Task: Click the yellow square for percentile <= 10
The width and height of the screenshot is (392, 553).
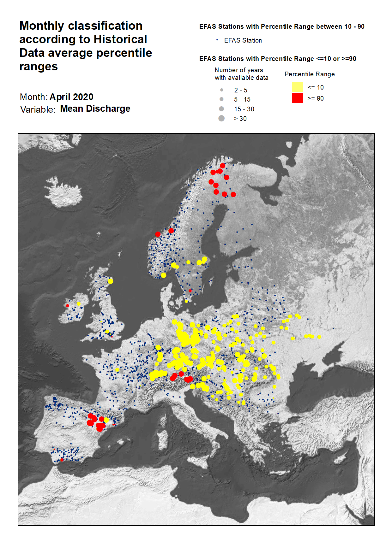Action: pos(297,87)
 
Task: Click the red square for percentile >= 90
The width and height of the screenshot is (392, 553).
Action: pos(297,98)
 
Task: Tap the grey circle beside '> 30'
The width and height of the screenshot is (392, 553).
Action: pos(221,118)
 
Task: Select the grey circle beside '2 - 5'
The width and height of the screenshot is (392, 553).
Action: pos(222,90)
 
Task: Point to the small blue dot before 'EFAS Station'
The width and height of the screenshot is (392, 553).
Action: pos(217,40)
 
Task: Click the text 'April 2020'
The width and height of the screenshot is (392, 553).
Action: pos(71,97)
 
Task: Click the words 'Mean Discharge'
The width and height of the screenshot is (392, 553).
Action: pos(95,109)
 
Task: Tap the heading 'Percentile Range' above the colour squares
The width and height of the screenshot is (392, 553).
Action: pos(309,74)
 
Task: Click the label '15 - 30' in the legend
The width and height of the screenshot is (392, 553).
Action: pos(244,109)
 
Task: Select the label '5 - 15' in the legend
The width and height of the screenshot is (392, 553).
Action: pos(242,99)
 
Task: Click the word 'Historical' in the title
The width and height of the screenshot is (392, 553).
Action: pos(120,39)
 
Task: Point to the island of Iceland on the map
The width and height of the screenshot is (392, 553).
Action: pos(63,192)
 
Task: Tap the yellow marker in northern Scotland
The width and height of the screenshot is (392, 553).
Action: pos(110,281)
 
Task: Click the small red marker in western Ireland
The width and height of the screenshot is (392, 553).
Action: pos(67,306)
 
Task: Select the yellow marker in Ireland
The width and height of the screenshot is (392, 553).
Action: pos(79,304)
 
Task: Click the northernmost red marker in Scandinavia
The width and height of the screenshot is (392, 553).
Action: pos(223,166)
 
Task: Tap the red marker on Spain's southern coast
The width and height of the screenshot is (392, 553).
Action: pos(62,460)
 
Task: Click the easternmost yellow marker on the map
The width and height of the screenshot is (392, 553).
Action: pos(319,337)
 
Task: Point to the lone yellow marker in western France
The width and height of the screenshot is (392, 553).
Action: pos(117,369)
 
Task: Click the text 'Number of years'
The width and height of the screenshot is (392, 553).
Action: pos(238,70)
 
